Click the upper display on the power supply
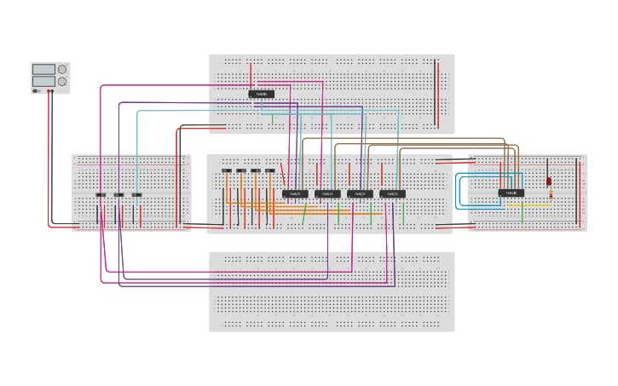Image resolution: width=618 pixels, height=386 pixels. click(43, 69)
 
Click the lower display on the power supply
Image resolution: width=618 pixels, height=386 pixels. click(43, 81)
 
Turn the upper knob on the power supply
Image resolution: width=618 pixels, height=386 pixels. click(62, 69)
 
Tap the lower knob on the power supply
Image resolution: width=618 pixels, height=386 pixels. click(62, 81)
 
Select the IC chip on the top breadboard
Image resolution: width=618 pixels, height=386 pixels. click(262, 94)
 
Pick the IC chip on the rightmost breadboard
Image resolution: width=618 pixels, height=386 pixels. click(511, 193)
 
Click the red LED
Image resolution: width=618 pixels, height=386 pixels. click(549, 181)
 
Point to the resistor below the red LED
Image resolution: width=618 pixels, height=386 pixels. click(551, 194)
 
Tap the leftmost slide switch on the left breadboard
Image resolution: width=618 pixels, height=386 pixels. click(101, 195)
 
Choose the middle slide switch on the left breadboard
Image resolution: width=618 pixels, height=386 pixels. click(118, 195)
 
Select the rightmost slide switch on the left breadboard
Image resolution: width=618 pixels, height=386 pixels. click(136, 195)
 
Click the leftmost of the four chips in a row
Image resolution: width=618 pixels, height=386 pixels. click(295, 193)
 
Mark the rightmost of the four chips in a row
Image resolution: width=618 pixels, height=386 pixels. click(392, 193)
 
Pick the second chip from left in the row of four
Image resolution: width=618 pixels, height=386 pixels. click(327, 193)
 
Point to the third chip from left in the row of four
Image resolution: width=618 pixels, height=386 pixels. click(360, 193)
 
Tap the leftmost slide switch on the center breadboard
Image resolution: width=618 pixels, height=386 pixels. click(227, 170)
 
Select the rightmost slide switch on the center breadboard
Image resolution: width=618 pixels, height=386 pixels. click(270, 170)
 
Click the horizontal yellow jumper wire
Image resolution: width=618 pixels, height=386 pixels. click(535, 205)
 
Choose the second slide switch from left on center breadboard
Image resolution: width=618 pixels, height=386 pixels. click(241, 170)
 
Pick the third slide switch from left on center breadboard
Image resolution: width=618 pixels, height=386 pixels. click(256, 170)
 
